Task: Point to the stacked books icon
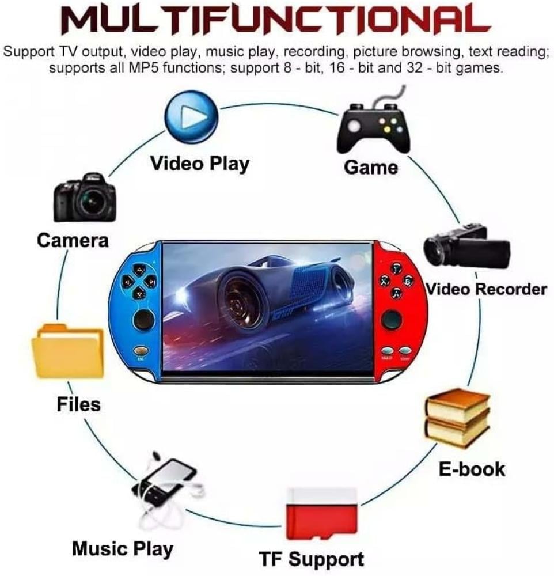point(457,418)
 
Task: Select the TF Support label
point(311,559)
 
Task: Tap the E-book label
point(472,468)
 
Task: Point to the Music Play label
point(123,548)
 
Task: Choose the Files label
point(78,404)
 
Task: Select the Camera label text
point(73,240)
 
